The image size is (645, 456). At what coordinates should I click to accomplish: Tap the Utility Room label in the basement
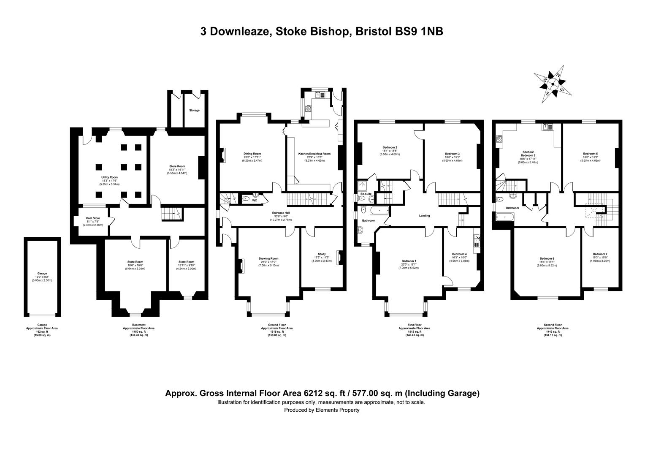109,177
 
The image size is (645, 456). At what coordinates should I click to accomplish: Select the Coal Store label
93,218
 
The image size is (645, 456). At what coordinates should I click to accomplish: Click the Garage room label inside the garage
42,273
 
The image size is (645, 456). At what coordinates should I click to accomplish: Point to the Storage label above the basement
194,110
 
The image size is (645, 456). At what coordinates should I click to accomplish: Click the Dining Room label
252,154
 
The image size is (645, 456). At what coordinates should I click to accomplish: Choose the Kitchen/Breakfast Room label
314,154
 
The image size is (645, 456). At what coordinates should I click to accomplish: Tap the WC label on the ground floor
254,201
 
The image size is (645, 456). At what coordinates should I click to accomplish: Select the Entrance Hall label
281,213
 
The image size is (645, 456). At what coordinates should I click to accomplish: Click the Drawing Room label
268,258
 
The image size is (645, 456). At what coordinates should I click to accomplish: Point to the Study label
322,254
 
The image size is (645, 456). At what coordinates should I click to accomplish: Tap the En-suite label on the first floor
366,193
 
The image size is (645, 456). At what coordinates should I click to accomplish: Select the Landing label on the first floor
424,216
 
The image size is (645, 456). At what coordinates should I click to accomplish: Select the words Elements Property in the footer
337,410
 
